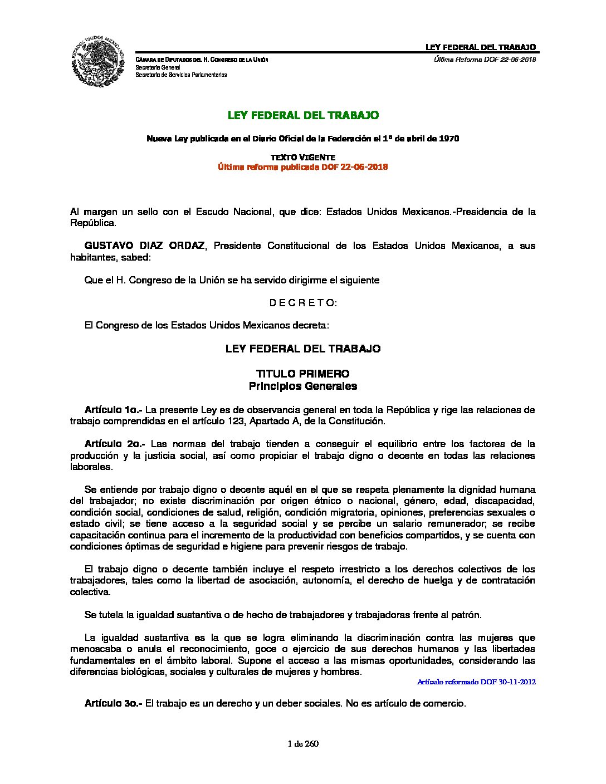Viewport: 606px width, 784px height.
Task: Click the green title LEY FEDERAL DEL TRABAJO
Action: click(x=303, y=115)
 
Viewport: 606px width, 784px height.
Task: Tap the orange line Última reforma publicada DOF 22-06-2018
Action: click(x=302, y=167)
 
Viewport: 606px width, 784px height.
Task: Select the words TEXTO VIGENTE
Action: click(x=302, y=158)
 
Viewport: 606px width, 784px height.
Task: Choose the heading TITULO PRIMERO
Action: click(x=302, y=374)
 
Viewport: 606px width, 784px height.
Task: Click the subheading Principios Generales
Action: click(x=302, y=386)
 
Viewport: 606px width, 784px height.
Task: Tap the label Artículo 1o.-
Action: click(x=113, y=410)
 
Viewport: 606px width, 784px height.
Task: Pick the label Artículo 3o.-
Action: click(x=113, y=703)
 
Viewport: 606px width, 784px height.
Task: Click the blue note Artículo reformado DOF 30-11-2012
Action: click(x=476, y=682)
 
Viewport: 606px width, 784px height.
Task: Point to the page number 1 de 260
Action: click(x=303, y=743)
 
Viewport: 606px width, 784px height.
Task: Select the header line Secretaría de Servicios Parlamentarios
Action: click(x=181, y=74)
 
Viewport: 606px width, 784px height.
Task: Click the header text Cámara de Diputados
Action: click(x=167, y=60)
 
